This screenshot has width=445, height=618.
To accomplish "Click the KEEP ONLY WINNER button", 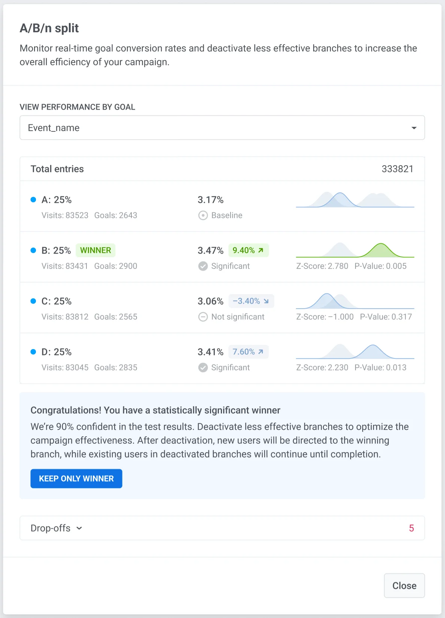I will pyautogui.click(x=76, y=479).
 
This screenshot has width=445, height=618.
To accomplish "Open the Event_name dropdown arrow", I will pyautogui.click(x=414, y=128).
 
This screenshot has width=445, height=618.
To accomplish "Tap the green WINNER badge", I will pyautogui.click(x=95, y=250).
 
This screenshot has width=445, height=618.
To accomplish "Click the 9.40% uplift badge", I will pyautogui.click(x=248, y=250).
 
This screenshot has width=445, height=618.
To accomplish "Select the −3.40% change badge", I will pyautogui.click(x=251, y=301).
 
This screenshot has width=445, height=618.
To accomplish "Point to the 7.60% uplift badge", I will pyautogui.click(x=248, y=352).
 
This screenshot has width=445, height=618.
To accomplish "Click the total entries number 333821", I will pyautogui.click(x=397, y=169).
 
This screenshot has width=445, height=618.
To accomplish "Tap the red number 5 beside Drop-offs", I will pyautogui.click(x=411, y=528).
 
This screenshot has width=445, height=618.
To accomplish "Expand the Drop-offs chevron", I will pyautogui.click(x=79, y=528).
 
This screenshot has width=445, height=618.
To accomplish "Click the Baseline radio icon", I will pyautogui.click(x=203, y=215).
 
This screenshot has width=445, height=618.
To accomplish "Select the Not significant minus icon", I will pyautogui.click(x=203, y=317).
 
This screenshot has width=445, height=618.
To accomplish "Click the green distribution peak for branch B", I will pyautogui.click(x=381, y=249).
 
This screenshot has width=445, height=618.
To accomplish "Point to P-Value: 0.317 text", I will pyautogui.click(x=385, y=317).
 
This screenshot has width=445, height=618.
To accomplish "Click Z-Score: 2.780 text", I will pyautogui.click(x=322, y=266).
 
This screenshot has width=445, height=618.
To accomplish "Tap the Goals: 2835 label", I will pyautogui.click(x=116, y=367).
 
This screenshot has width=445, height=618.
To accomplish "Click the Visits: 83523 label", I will pyautogui.click(x=65, y=215).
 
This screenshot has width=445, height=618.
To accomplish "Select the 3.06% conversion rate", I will pyautogui.click(x=210, y=301).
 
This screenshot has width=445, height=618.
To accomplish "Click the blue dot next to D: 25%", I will pyautogui.click(x=33, y=352).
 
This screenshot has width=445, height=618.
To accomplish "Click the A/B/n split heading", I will pyautogui.click(x=49, y=28).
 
